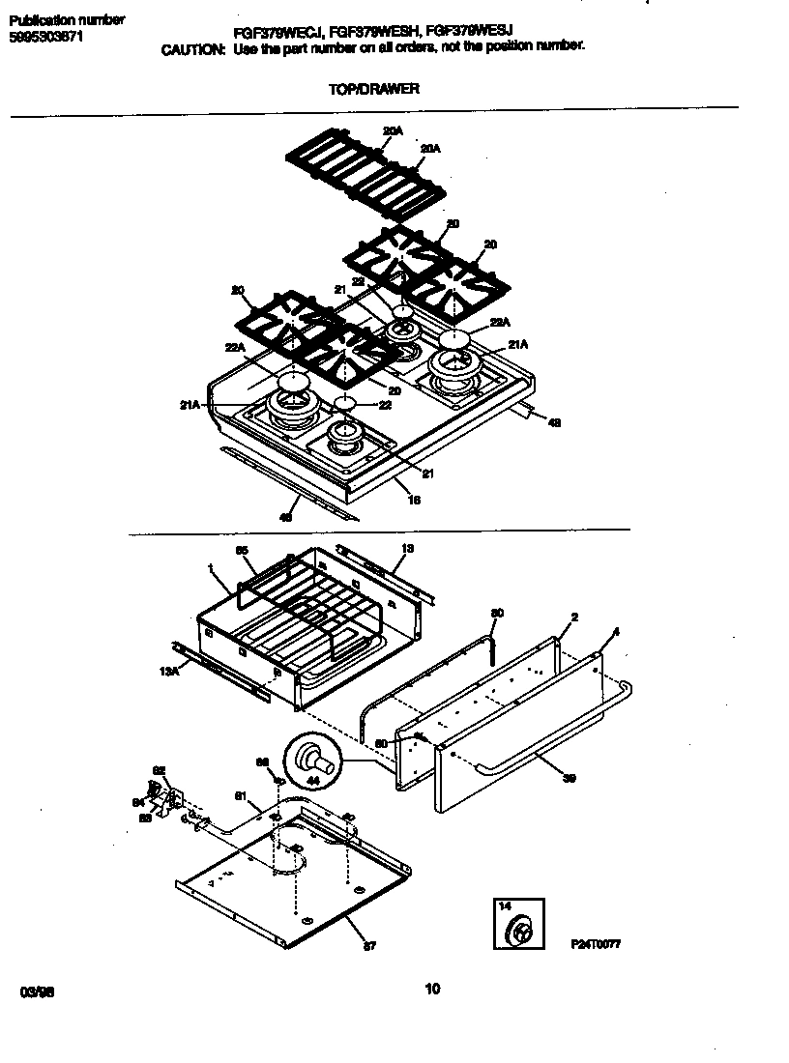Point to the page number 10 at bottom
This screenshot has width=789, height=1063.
click(432, 988)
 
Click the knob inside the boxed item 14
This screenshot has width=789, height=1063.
click(520, 933)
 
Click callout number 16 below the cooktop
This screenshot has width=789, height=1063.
click(414, 500)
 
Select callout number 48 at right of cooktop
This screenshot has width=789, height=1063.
click(553, 422)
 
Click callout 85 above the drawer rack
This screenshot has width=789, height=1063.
click(242, 550)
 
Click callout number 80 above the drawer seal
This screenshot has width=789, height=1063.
click(497, 613)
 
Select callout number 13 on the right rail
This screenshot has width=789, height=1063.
click(407, 549)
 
